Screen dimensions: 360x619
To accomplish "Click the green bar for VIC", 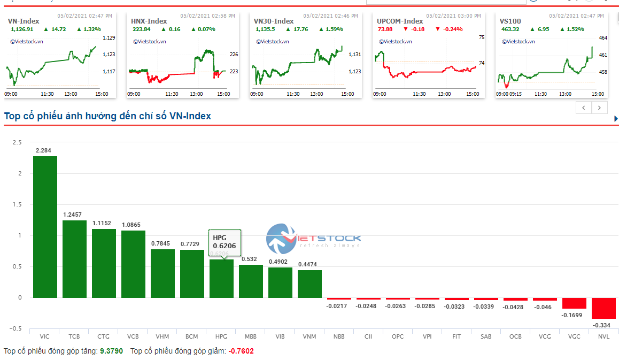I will (45, 227).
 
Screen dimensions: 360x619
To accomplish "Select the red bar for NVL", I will (603, 308).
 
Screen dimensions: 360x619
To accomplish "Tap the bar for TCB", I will (74, 259).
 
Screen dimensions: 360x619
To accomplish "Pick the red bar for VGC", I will (574, 303).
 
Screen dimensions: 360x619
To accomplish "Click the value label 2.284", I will (44, 150).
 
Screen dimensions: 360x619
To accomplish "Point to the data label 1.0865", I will (133, 225).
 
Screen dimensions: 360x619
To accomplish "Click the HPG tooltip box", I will (225, 242).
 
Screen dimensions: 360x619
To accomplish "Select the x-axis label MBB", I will (250, 336).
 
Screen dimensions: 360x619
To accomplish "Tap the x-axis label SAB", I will (486, 336).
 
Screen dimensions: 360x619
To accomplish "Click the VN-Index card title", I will (24, 21).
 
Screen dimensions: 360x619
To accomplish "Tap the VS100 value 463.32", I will (510, 29).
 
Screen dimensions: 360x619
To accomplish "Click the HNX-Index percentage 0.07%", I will (206, 29).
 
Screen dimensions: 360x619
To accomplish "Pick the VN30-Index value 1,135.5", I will (265, 29).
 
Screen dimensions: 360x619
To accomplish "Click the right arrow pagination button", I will (600, 108).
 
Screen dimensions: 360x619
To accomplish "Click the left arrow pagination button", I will (584, 108).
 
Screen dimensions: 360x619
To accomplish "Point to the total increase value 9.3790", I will (111, 351).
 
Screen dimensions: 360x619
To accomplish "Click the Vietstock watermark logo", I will (313, 239).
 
